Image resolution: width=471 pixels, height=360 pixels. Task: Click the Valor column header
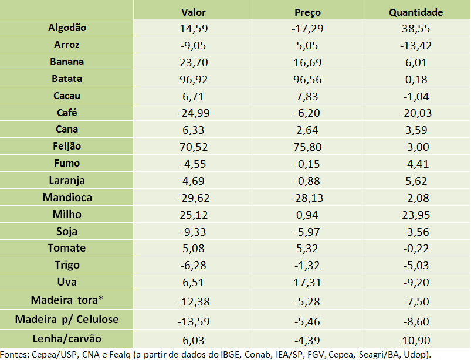[194, 12]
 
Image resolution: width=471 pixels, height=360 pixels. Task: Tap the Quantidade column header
[416, 12]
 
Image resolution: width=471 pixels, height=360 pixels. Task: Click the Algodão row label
[66, 28]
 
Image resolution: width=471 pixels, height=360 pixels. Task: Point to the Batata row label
[66, 79]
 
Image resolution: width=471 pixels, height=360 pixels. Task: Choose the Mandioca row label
[66, 197]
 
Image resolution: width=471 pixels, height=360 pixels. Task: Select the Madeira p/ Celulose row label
[66, 319]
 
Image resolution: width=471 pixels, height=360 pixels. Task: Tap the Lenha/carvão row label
[66, 338]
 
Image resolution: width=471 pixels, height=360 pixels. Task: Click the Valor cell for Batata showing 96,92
[194, 79]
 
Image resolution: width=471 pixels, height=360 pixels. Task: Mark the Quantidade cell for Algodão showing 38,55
[416, 28]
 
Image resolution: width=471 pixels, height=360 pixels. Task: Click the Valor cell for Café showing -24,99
[194, 113]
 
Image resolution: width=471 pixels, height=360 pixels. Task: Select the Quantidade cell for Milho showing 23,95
[416, 215]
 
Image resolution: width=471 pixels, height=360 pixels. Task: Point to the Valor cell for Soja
[194, 232]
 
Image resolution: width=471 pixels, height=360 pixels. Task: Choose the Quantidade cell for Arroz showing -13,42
[416, 45]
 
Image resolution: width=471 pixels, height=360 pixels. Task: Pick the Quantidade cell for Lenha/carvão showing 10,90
[416, 339]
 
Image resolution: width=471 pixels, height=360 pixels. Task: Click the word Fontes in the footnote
[15, 354]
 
